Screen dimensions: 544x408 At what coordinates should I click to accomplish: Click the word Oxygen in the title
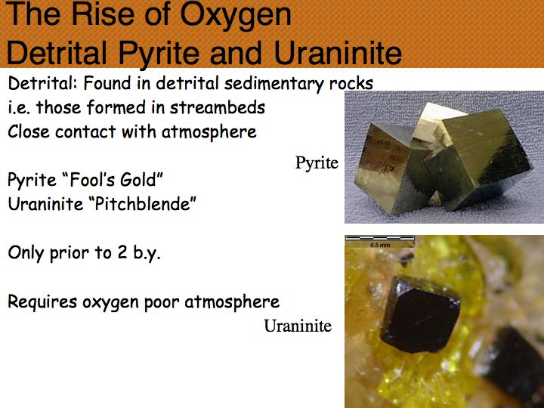click(236, 16)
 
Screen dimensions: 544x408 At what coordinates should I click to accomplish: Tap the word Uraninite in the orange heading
click(338, 54)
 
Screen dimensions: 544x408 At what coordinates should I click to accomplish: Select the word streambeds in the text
click(218, 107)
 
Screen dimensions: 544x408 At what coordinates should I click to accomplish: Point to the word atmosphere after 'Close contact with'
click(209, 132)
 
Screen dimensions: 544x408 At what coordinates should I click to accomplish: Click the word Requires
click(42, 301)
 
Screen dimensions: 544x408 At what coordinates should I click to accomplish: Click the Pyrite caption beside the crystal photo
click(317, 162)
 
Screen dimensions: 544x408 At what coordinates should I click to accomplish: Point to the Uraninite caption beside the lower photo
click(298, 326)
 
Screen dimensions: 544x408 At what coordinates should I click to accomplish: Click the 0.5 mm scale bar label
click(380, 245)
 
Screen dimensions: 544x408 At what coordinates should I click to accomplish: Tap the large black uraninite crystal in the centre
click(420, 315)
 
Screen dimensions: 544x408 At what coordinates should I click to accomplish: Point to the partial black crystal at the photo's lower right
click(517, 366)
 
